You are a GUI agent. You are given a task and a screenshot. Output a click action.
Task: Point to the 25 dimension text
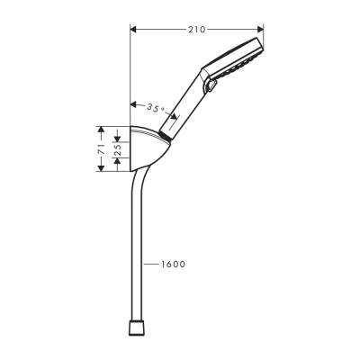coord(117,145)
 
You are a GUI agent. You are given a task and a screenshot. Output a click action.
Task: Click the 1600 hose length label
coord(173,264)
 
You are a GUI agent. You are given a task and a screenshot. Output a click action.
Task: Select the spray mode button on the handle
coord(211,86)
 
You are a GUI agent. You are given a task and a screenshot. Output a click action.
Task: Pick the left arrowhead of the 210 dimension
coord(135,30)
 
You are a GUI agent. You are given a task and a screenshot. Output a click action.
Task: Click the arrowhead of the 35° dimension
coord(135,103)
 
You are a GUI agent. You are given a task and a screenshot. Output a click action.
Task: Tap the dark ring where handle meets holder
coord(163,136)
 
